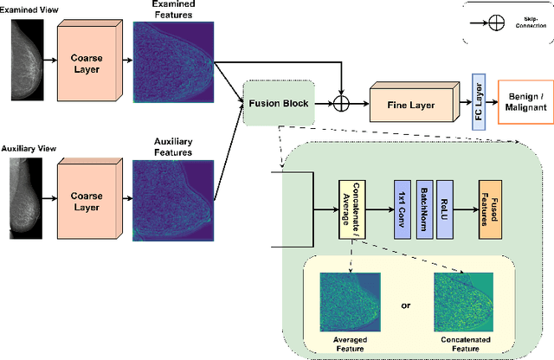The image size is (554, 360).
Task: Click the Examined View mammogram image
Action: [x=24, y=54]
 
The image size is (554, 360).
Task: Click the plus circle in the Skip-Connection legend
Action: [x=496, y=23]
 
